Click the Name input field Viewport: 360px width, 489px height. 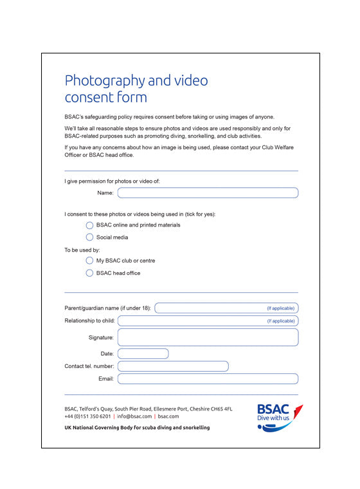tap(208, 193)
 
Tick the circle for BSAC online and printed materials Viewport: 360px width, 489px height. tap(89, 225)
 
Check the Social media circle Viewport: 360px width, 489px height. tap(89, 237)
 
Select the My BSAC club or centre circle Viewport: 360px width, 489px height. tap(89, 261)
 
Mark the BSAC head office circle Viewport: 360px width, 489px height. tap(89, 273)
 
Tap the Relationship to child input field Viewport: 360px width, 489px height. tap(193, 320)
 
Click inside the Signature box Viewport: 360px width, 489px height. tap(208, 337)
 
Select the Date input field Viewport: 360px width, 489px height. tap(143, 353)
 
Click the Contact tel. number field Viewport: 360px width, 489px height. tap(172, 366)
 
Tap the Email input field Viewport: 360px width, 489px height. tap(208, 379)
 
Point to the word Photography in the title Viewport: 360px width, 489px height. tap(105, 81)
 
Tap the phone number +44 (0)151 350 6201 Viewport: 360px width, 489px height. tap(87, 416)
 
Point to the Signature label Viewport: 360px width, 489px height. tap(101, 337)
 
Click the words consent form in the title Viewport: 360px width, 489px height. tap(105, 98)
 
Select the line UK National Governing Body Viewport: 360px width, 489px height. tap(137, 427)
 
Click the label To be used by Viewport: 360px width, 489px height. tap(82, 250)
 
